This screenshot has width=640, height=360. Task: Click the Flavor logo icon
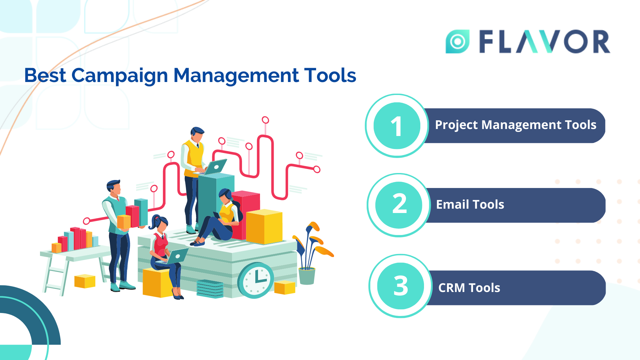[x=457, y=41]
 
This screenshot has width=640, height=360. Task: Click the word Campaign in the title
[x=119, y=76]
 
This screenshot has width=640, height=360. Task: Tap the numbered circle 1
[x=397, y=126]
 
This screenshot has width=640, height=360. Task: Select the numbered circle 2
[x=399, y=205]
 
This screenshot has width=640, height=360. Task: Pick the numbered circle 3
[x=400, y=286]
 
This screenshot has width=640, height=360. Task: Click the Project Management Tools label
[x=515, y=125]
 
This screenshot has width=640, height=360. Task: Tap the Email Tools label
[x=470, y=204]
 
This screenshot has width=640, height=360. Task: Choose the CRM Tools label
[x=469, y=288]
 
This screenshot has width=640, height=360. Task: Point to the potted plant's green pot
[x=307, y=276]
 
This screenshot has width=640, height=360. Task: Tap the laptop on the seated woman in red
[x=177, y=256]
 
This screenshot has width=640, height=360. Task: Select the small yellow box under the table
[x=85, y=281]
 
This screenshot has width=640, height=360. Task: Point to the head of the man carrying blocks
[x=114, y=187]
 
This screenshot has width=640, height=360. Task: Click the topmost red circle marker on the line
[x=265, y=120]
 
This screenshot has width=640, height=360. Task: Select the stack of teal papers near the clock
[x=210, y=289]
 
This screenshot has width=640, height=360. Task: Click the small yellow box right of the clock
[x=285, y=287]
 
